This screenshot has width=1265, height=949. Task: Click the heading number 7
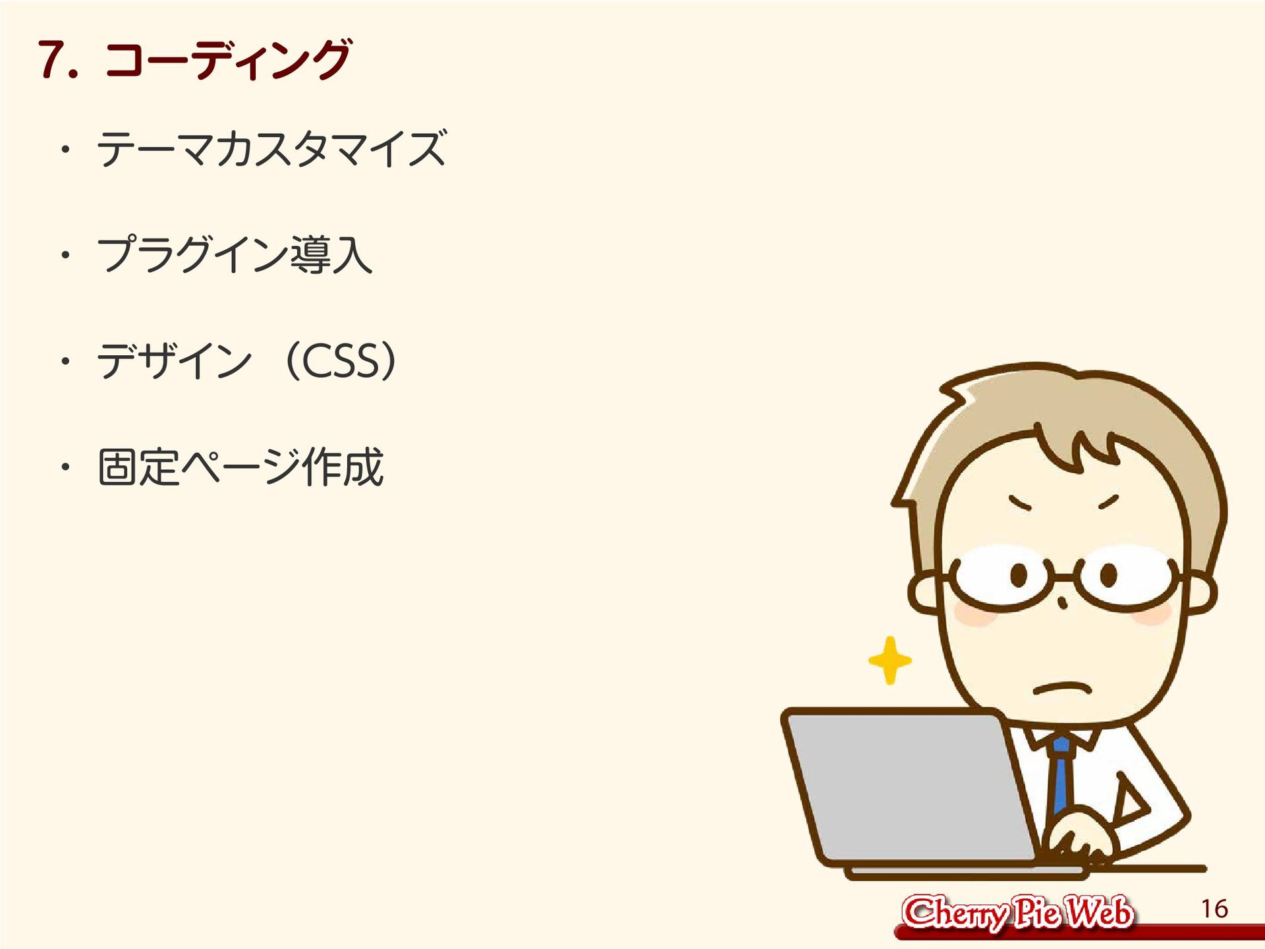[x=58, y=60]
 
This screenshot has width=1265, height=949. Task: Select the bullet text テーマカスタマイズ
[x=271, y=149]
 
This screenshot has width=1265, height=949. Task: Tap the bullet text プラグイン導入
[x=235, y=254]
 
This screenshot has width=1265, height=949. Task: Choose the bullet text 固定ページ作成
[x=240, y=467]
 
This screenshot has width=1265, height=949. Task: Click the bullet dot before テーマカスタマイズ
[x=65, y=150]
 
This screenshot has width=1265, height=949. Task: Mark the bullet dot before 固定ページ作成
[x=65, y=467]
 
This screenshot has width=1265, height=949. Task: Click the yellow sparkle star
[x=890, y=660]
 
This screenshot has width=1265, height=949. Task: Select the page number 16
[x=1214, y=909]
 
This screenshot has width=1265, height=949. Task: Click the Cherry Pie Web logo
[x=1017, y=913]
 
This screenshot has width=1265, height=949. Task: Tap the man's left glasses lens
[x=1001, y=577]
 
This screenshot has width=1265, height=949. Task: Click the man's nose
[x=1062, y=602]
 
